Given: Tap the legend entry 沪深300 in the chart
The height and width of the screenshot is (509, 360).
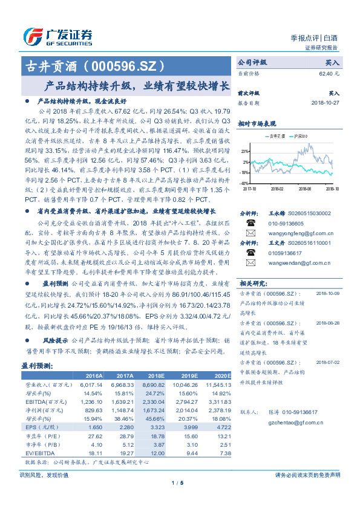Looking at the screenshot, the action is click(301, 137).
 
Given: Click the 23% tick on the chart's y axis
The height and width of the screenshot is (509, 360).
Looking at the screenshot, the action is click(244, 151).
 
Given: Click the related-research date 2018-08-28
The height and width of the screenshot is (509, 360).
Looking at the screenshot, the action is click(327, 323).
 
